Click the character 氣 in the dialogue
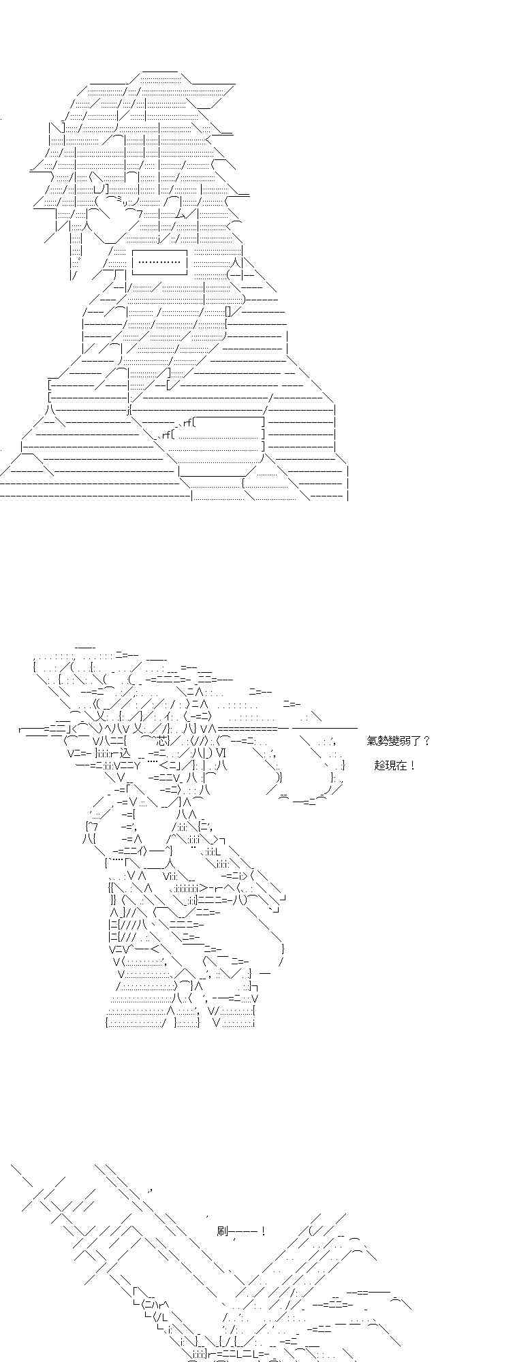point(372,741)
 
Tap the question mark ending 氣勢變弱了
point(426,741)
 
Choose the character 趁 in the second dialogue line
point(380,765)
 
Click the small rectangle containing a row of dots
point(159,262)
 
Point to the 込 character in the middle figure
point(124,753)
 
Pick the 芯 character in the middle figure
point(161,741)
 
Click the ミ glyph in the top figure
point(119,199)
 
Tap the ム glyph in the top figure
point(180,213)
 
